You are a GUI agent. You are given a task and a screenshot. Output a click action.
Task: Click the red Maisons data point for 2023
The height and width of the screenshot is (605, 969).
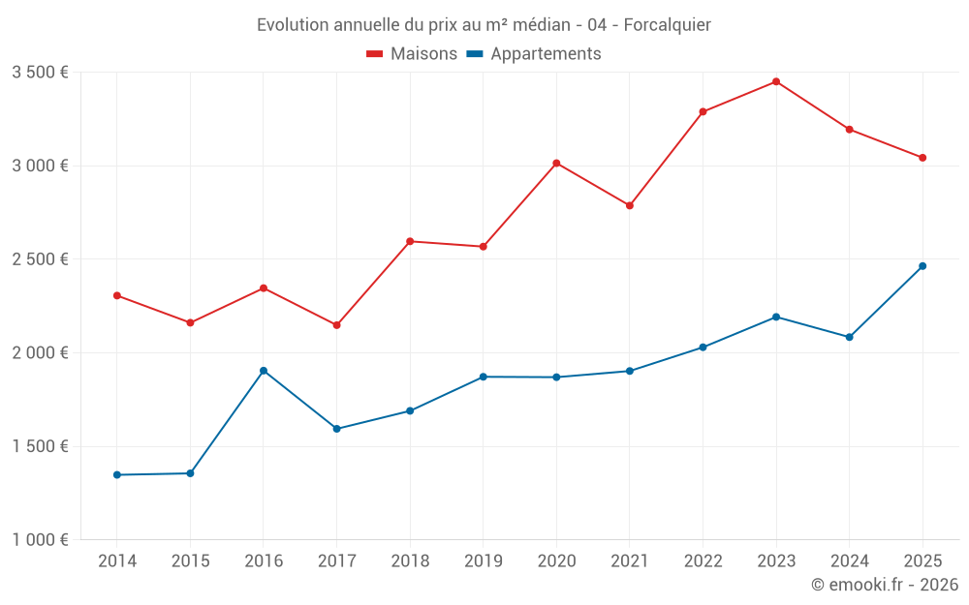tap(776, 81)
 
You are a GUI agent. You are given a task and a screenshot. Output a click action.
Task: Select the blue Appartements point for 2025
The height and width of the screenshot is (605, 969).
tap(922, 266)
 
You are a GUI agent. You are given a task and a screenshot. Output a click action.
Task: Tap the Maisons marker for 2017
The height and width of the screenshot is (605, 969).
tap(336, 325)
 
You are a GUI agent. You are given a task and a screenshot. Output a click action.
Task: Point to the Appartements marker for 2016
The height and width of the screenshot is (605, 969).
tap(264, 371)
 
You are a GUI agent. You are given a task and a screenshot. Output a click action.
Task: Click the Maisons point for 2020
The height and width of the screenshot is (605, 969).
tap(556, 163)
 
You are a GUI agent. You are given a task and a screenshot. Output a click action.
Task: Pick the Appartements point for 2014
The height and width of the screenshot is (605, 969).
tap(117, 475)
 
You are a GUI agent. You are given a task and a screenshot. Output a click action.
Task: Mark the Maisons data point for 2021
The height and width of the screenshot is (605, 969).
tap(630, 205)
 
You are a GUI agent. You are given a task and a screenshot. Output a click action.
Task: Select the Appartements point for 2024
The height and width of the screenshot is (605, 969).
tap(849, 337)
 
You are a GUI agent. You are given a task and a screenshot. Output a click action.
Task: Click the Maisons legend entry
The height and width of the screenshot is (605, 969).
tap(412, 54)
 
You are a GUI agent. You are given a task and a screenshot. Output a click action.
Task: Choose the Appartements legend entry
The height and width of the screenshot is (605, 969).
tap(534, 54)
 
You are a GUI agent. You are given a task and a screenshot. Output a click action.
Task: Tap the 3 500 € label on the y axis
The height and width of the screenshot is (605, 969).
tap(40, 73)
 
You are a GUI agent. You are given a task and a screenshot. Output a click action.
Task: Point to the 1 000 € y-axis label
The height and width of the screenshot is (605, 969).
tap(40, 540)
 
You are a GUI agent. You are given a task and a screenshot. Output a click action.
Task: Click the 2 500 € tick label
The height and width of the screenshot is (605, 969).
tap(40, 259)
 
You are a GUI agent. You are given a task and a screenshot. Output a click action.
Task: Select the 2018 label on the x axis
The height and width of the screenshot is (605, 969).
tap(410, 561)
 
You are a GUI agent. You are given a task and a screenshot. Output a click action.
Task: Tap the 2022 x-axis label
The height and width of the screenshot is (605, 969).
tap(703, 561)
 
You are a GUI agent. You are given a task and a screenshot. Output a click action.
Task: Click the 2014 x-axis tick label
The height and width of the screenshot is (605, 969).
tap(117, 561)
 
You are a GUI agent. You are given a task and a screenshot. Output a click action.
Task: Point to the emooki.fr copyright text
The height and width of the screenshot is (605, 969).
tap(884, 585)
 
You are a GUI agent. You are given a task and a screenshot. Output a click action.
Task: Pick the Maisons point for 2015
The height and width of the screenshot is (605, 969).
tap(190, 322)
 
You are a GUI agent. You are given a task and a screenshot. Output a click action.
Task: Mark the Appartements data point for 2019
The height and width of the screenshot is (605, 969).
tap(483, 377)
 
